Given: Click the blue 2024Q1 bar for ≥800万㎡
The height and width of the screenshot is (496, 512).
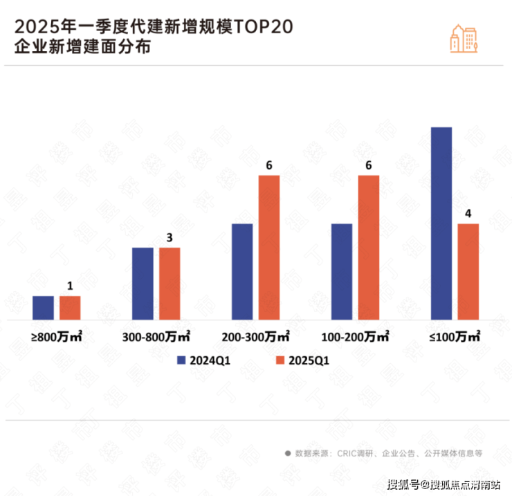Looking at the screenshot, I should point(43,308).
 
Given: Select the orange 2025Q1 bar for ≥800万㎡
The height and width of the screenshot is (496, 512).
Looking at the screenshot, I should point(70,308).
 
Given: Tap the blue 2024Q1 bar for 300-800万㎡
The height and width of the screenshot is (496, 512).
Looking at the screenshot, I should point(143,284).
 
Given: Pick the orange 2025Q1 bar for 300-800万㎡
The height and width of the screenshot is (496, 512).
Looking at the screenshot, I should point(170,284).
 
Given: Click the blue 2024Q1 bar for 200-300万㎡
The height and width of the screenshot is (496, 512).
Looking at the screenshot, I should point(242,271).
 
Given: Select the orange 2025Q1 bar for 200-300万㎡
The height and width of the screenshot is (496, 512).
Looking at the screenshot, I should point(269,247).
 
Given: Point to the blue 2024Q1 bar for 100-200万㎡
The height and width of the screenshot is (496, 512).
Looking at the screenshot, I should point(342,271).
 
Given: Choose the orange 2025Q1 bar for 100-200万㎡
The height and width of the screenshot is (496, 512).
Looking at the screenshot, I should point(369,247).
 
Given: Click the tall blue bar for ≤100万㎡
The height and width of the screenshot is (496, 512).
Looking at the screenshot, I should point(441,223).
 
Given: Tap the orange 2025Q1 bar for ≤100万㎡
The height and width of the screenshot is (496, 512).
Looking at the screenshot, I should point(468,271).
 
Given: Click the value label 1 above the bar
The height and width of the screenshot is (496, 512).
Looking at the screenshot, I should point(70,286).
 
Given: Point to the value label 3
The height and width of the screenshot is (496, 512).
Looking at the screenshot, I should point(170,238).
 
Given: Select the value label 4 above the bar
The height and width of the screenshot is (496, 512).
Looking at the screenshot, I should point(468,213).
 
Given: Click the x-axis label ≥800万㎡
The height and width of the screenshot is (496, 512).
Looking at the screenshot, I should point(57,337).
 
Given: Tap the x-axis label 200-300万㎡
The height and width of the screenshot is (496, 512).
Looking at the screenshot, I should point(256,337).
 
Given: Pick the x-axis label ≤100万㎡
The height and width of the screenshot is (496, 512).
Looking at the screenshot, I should point(455,337).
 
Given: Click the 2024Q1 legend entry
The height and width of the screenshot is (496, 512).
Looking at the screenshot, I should point(203,360).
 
